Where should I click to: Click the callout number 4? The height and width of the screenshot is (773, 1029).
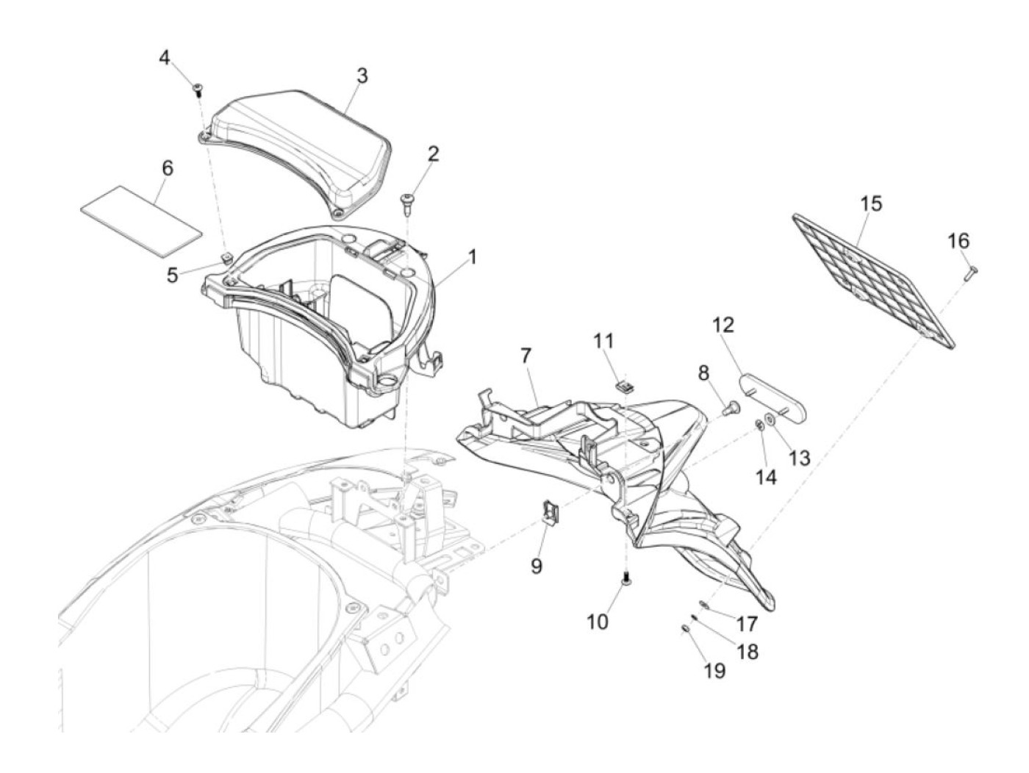(x=165, y=57)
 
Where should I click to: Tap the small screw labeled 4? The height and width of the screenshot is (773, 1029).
(x=198, y=90)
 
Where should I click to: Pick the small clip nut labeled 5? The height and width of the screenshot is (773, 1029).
(x=227, y=256)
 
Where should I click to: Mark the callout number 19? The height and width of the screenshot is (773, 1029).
(x=714, y=671)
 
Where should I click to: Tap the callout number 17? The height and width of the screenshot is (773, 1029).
(x=746, y=625)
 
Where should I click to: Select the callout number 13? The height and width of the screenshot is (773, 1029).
(x=799, y=458)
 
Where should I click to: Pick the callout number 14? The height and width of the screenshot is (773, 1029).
(x=766, y=477)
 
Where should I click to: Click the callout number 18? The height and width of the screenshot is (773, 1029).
(x=747, y=652)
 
